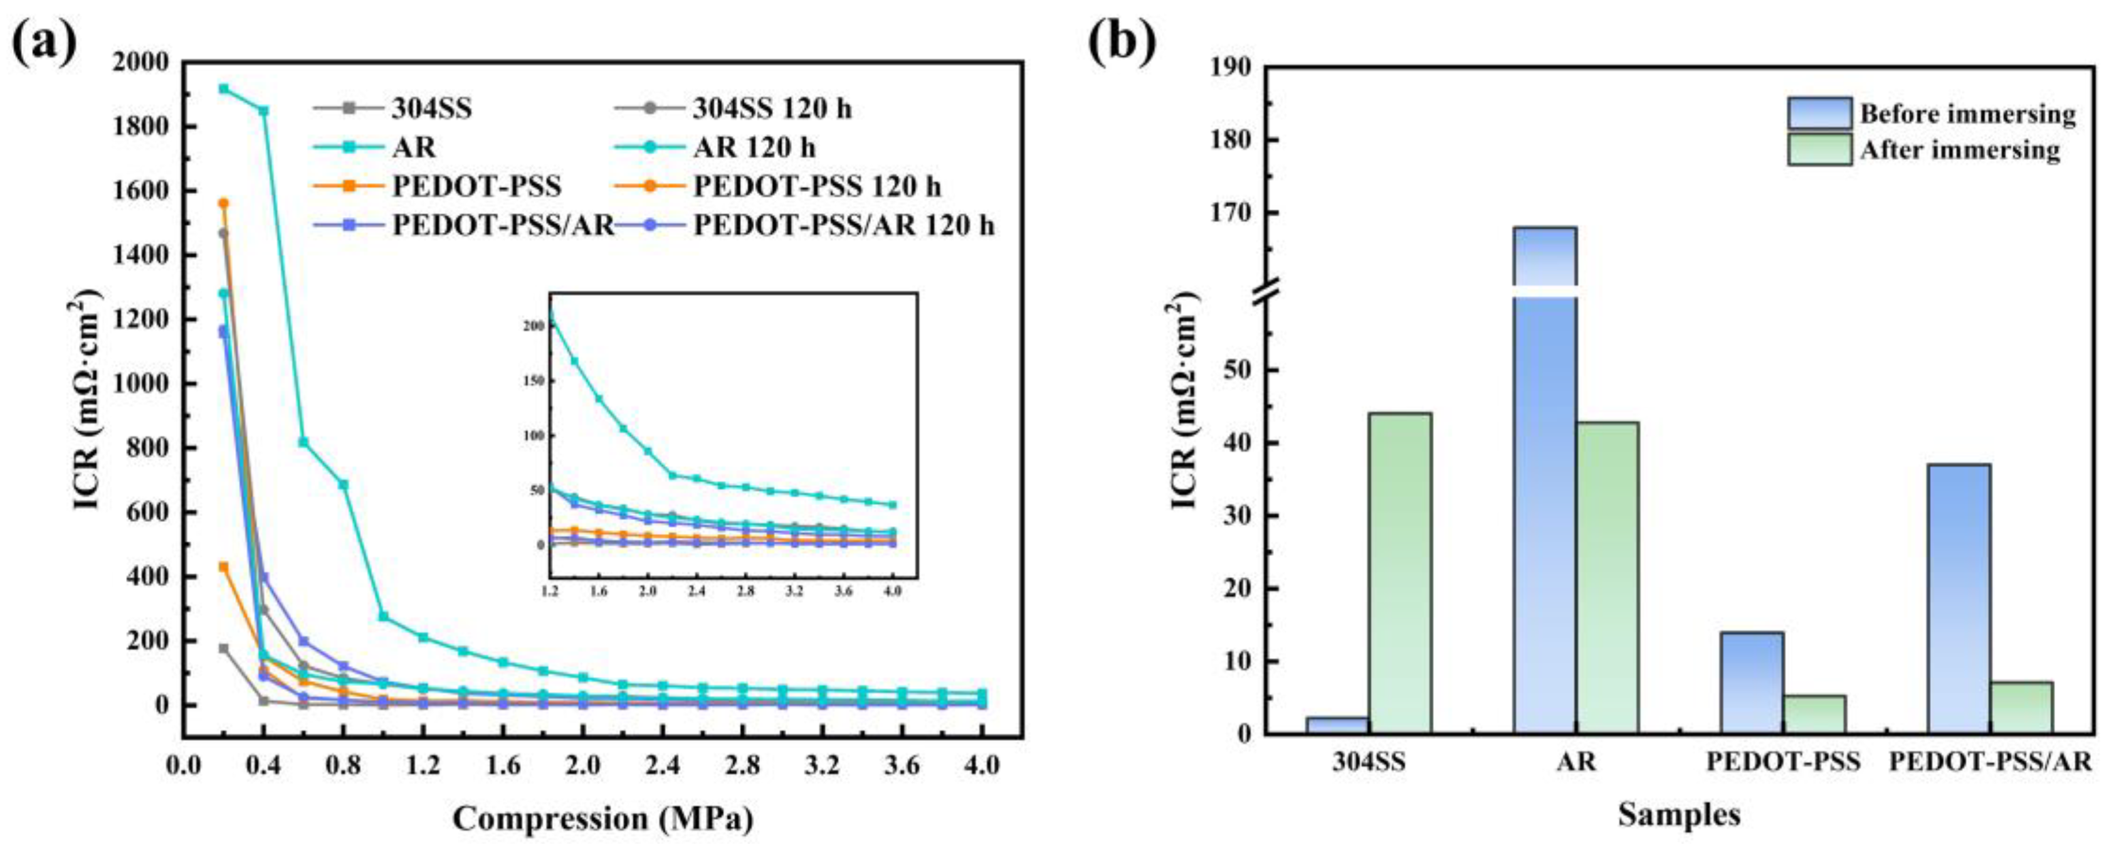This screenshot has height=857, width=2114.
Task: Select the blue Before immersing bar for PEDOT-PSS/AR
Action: point(1959,599)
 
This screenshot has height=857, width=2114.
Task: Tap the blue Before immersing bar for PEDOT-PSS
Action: point(1752,682)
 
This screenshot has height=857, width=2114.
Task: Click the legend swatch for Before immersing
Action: point(1819,114)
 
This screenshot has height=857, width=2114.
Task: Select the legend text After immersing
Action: point(1960,150)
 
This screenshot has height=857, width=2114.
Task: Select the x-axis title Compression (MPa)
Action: point(603,819)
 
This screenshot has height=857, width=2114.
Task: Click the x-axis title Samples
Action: point(1679,815)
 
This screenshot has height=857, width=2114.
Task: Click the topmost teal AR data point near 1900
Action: point(224,88)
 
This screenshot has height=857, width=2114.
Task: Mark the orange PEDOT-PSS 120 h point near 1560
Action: point(223,203)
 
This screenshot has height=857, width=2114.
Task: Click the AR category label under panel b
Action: point(1577,762)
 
